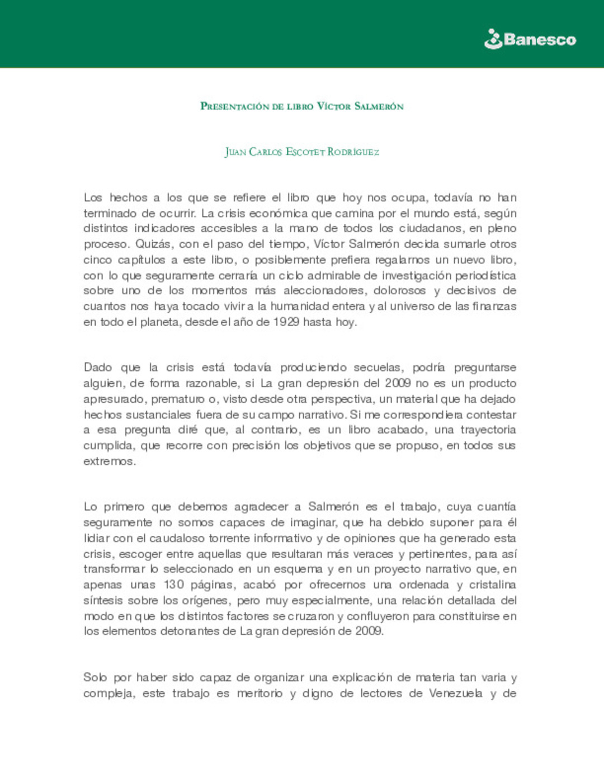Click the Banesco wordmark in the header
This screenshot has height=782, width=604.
[540, 40]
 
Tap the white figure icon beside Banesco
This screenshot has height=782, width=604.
[493, 39]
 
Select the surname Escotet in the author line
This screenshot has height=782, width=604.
[305, 152]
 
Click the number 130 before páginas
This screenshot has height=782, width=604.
[173, 585]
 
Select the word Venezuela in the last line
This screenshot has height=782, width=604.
[456, 694]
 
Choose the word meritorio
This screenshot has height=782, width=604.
[259, 694]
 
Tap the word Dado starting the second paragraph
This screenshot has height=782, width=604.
[98, 368]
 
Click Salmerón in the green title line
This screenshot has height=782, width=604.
[379, 106]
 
